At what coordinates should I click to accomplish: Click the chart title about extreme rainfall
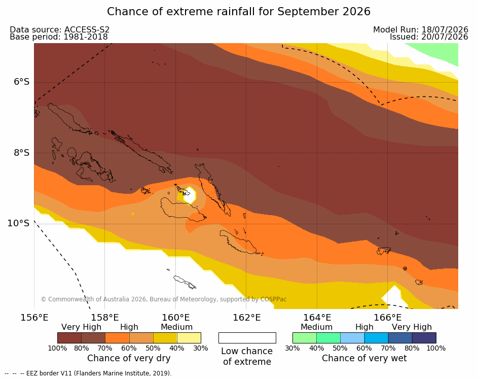click(239, 12)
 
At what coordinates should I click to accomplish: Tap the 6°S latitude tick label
click(22, 82)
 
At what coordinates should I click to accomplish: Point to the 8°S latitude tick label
click(22, 153)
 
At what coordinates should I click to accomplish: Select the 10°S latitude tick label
click(19, 223)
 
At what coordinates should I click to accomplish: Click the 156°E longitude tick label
click(34, 318)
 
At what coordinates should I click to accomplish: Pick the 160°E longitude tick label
click(175, 318)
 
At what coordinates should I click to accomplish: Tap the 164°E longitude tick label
click(317, 318)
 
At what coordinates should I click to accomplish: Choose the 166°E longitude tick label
click(387, 318)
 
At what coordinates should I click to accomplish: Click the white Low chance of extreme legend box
click(247, 338)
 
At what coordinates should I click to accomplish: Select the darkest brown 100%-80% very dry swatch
click(69, 338)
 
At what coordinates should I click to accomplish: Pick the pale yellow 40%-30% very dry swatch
click(189, 338)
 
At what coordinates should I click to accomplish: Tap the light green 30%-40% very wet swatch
click(305, 338)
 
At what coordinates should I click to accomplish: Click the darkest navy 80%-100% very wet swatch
click(424, 338)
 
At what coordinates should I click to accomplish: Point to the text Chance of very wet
click(364, 358)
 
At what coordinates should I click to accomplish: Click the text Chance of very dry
click(129, 358)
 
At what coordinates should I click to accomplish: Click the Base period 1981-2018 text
click(59, 37)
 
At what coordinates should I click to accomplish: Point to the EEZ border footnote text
click(88, 373)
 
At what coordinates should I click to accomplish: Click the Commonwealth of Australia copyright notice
click(164, 299)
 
